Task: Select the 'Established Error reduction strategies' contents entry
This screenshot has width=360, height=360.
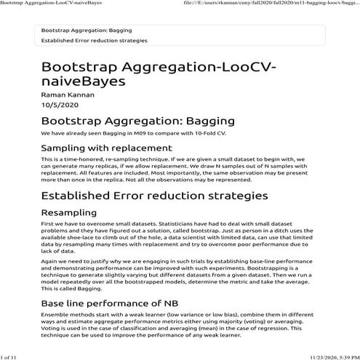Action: tap(95, 41)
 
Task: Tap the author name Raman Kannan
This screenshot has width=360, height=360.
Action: tap(68, 95)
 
